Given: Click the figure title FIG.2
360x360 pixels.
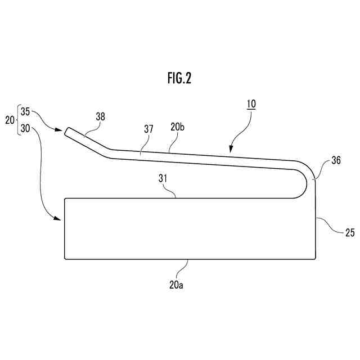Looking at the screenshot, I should coord(179,79).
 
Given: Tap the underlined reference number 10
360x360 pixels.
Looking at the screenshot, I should coord(250,104).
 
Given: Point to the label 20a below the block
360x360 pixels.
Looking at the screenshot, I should coord(177,285).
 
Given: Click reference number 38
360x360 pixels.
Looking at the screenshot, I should coord(100,116).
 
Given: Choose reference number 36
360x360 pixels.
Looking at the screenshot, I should coord(336,160).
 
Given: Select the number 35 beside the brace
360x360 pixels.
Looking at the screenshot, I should coord(25,111).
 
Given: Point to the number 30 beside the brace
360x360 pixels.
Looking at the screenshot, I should coord(25,128).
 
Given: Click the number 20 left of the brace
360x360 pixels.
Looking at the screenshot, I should coord(10,120).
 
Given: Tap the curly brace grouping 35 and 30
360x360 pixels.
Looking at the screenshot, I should coord(18,120).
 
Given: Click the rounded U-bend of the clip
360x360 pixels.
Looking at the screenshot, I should coord(308,180).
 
